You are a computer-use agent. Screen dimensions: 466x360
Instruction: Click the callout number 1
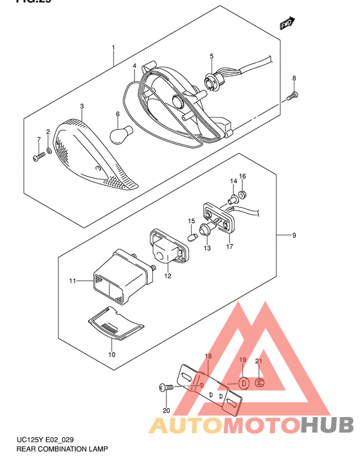tap(113, 48)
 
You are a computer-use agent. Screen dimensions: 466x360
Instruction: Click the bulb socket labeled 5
tap(210, 82)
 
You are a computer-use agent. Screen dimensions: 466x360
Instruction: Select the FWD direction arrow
tap(287, 25)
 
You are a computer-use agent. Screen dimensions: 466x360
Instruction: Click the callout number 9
tap(293, 236)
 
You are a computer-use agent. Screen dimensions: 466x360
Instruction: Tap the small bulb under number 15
tap(191, 237)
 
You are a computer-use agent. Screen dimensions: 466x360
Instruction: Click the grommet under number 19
tap(245, 384)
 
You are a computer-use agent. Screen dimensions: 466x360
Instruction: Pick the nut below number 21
tap(260, 383)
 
